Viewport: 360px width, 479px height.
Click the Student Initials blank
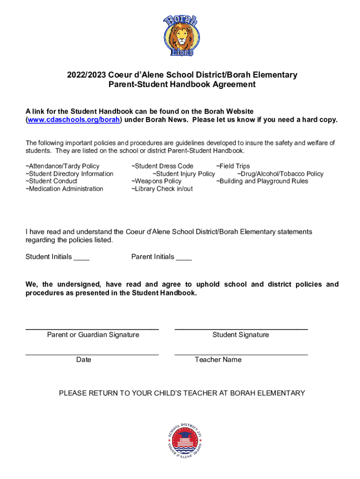click(x=81, y=257)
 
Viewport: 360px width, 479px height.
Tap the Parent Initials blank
click(x=184, y=257)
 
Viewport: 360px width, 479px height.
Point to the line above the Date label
click(x=92, y=355)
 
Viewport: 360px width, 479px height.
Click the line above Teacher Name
click(x=241, y=355)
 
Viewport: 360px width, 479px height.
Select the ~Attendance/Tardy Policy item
click(x=62, y=166)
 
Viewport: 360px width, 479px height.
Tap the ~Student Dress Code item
click(x=162, y=166)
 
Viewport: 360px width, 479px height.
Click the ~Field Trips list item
click(x=233, y=166)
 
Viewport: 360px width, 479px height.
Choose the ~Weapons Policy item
click(x=156, y=181)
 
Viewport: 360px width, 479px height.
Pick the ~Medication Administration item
click(x=64, y=189)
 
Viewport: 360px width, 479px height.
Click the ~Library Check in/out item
click(x=162, y=189)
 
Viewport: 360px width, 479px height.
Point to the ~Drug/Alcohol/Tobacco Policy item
click(x=281, y=174)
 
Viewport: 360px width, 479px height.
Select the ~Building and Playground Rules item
click(x=262, y=181)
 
